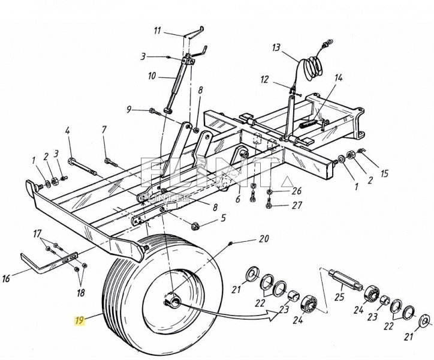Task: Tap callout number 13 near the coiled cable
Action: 276,48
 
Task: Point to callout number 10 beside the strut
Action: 152,76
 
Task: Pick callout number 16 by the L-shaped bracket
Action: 23,278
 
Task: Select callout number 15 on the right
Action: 384,174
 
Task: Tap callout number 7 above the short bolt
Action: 104,129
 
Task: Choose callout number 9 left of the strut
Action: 129,109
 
